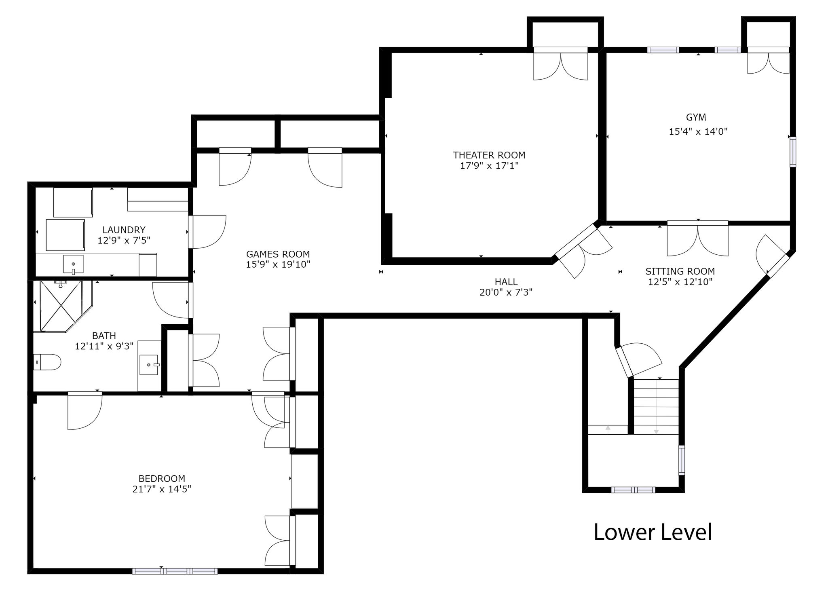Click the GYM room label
(x=696, y=117)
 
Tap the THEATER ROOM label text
(x=489, y=155)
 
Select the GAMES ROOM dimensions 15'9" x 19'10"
(x=278, y=264)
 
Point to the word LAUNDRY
(x=124, y=230)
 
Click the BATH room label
(x=104, y=336)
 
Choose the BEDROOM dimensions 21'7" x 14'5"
(x=162, y=489)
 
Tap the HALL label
(x=506, y=282)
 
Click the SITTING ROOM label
(x=680, y=271)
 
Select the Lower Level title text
(x=653, y=532)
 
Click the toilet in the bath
(x=47, y=362)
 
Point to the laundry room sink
(x=73, y=264)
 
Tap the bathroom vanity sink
(x=150, y=365)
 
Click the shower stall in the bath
(x=63, y=306)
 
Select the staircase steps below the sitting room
(x=656, y=407)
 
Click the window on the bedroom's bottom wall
(x=175, y=571)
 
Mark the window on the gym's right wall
(x=793, y=152)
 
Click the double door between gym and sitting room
(x=698, y=239)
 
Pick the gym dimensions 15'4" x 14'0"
(x=698, y=131)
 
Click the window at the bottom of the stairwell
(x=633, y=490)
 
